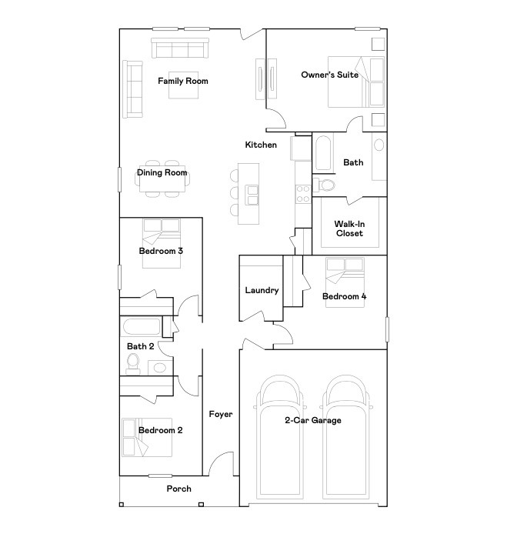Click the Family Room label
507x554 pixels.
click(183, 81)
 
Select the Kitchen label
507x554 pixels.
click(261, 145)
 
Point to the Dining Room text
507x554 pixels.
click(162, 173)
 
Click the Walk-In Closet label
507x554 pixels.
click(349, 229)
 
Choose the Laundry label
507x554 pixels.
click(262, 290)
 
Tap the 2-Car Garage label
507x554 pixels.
click(312, 420)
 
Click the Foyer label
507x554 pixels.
click(221, 415)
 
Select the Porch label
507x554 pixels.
click(178, 489)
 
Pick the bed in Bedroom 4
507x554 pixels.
click(345, 282)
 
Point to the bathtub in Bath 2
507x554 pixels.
click(140, 326)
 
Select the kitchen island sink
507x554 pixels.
click(251, 196)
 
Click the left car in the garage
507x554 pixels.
click(278, 439)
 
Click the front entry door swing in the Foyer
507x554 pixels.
click(223, 464)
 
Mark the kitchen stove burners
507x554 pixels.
click(302, 192)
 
